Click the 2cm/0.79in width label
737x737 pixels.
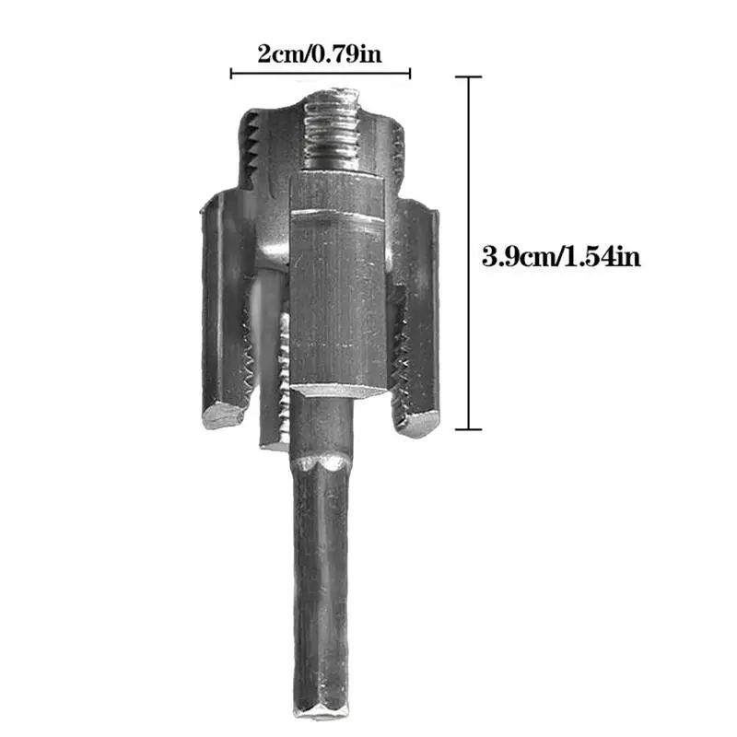319,53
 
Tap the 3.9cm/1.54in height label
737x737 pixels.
561,255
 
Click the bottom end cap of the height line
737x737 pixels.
471,428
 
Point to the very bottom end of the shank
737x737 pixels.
322,714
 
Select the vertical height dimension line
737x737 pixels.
471,253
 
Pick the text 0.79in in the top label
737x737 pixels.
346,53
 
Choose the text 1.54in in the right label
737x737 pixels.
603,255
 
